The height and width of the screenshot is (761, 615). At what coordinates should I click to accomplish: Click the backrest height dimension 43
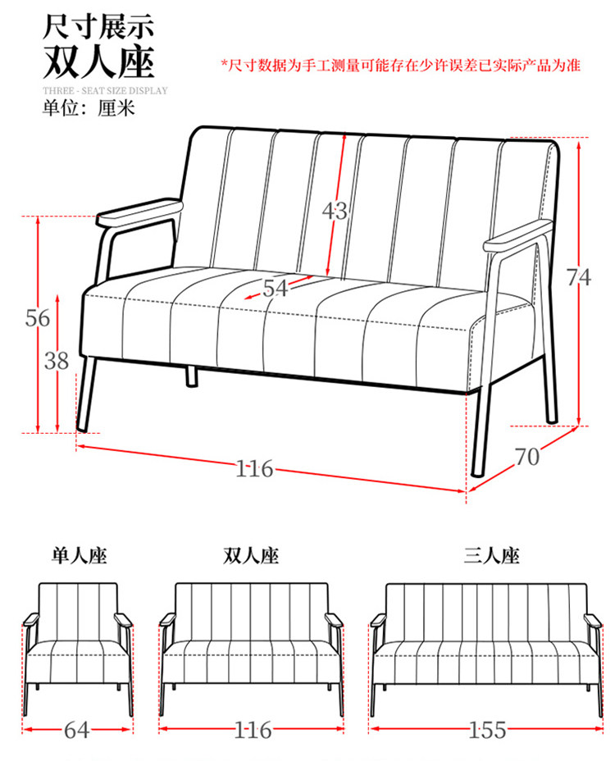[334, 212]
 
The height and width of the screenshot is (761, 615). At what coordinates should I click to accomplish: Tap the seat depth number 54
[276, 288]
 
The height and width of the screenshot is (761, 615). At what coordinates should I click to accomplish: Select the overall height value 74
[579, 278]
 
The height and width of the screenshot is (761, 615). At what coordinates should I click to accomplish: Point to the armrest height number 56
[38, 318]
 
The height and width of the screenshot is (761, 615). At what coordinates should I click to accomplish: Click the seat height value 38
[56, 361]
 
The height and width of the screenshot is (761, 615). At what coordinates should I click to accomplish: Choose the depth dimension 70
[527, 457]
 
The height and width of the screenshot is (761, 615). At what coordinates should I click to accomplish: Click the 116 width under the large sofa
[254, 469]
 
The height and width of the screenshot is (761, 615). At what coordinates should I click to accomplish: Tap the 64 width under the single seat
[78, 729]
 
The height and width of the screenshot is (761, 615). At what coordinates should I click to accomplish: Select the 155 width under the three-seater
[488, 729]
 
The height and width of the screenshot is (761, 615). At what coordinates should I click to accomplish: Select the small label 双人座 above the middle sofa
[251, 557]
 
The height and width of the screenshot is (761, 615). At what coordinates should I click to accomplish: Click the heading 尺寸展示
[98, 27]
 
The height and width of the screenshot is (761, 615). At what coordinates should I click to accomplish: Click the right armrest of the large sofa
[519, 235]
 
